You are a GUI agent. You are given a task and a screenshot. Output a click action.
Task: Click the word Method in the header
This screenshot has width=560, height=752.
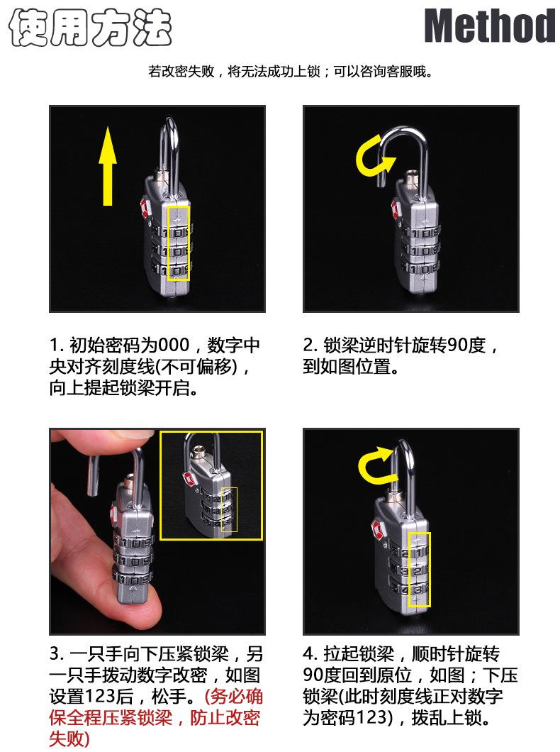pos(490,26)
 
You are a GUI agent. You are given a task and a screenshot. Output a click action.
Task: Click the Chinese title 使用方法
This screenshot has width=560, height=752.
pos(91,28)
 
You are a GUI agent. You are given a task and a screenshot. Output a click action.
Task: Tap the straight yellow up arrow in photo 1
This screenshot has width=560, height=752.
pos(108,166)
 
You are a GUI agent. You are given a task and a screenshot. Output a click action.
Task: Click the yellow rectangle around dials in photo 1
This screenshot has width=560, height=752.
pos(179,243)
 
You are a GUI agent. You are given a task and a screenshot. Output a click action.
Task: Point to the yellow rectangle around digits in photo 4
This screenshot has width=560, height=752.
pos(419,569)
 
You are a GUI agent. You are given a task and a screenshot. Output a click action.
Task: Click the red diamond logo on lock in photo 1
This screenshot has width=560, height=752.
pos(145,209)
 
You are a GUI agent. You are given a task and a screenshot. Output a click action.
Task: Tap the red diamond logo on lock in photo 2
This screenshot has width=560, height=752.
pos(396,209)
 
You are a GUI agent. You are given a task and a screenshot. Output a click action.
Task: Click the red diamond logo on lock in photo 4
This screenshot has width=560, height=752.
pos(376,529)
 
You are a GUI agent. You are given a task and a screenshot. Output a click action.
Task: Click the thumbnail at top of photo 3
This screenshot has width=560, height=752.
pos(211,485)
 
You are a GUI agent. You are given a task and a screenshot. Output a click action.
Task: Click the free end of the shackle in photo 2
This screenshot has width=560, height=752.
pos(382,184)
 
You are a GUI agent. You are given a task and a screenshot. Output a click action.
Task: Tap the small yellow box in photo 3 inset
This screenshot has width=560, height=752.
pos(230,509)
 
